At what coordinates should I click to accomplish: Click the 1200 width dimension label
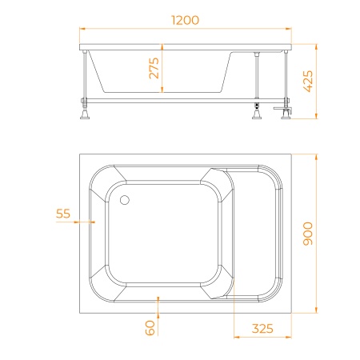(x=185, y=20)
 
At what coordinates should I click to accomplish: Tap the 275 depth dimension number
(x=154, y=68)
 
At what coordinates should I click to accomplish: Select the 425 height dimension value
(x=308, y=81)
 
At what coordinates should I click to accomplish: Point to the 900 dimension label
(x=308, y=234)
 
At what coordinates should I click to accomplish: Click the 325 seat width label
(x=262, y=329)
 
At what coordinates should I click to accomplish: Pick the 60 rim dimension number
(x=150, y=328)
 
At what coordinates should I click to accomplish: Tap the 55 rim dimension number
(x=63, y=214)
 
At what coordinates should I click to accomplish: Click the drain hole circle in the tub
(x=125, y=200)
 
